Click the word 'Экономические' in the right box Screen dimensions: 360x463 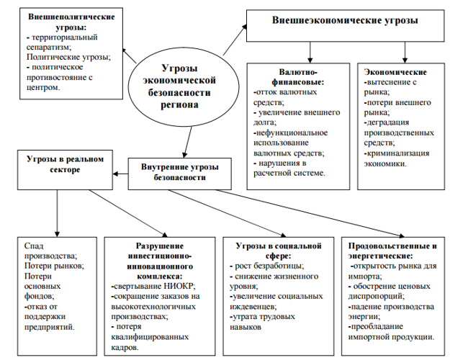[395, 72]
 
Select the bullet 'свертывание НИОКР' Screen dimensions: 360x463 [153, 286]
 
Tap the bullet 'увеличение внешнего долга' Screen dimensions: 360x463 [288, 118]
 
